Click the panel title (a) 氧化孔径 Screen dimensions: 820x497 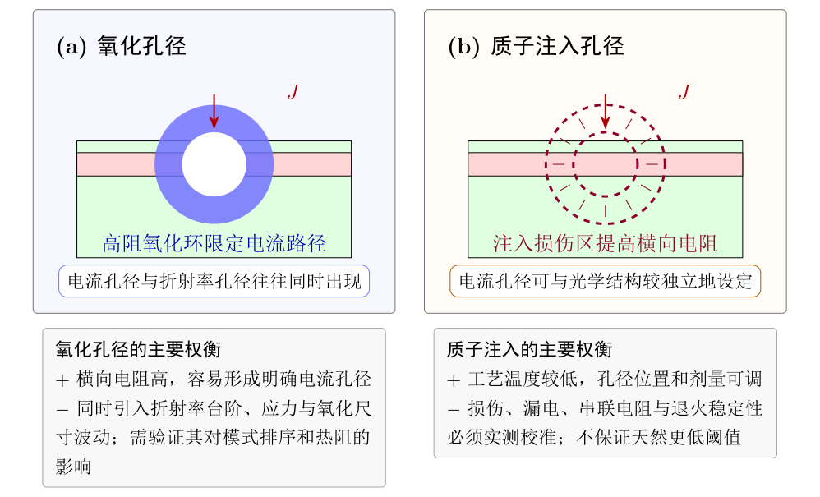pos(122,46)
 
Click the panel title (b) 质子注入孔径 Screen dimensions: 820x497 pos(536,46)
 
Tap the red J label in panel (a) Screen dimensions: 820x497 pos(293,92)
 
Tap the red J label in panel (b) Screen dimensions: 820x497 pos(684,92)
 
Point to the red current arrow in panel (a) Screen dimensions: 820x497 pos(214,112)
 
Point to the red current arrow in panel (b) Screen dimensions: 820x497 pos(605,112)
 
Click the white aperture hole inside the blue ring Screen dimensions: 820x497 pos(214,164)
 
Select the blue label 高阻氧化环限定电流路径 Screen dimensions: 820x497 pos(214,243)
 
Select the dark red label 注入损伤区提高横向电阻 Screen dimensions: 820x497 pos(605,243)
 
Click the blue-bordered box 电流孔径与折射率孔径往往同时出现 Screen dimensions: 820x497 pos(214,281)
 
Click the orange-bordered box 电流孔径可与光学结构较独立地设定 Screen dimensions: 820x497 pos(605,281)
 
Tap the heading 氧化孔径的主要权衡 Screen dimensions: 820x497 pos(138,349)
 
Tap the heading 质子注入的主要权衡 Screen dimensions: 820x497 pos(529,349)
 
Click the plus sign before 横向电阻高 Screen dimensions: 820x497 pos(62,380)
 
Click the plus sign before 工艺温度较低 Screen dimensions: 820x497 pos(454,380)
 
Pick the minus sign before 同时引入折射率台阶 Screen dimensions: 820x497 pos(62,409)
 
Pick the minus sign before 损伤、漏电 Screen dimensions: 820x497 pos(454,409)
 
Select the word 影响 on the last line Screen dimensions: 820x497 pos(74,466)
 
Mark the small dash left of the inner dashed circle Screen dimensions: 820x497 pos(559,164)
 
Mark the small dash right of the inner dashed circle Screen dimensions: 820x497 pos(652,164)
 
